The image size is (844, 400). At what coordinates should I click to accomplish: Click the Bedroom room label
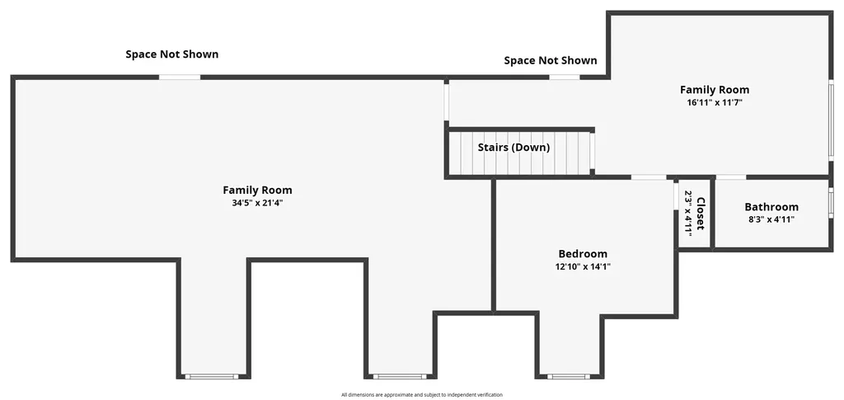point(583,253)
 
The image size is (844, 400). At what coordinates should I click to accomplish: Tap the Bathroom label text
point(771,207)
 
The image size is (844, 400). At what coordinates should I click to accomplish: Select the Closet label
point(701,214)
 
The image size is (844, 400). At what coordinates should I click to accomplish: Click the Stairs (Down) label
point(514,148)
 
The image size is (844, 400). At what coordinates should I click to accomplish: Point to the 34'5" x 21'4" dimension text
point(257,203)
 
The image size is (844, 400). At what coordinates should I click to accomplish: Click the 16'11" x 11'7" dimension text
point(715,101)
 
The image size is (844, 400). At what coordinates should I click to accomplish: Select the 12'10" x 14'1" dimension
point(584,266)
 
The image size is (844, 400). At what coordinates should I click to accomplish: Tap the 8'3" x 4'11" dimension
point(771,219)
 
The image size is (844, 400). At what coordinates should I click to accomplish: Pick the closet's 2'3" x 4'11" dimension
point(688,212)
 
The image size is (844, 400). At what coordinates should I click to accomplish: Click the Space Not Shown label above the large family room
point(172,54)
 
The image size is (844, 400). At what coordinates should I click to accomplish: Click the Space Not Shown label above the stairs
point(551,61)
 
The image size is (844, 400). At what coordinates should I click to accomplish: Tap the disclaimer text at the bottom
point(421,395)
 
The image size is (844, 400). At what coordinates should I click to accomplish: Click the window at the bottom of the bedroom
point(568,376)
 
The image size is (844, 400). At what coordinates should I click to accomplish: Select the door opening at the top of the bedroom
point(649,176)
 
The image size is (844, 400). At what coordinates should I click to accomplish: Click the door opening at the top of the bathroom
point(731,176)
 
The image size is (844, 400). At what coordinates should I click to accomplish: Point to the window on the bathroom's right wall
point(831,202)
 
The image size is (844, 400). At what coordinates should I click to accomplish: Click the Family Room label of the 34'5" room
point(257,190)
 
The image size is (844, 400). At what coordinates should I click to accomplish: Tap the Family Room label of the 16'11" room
point(715,90)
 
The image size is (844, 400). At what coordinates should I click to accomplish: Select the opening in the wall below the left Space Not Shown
point(180,77)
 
